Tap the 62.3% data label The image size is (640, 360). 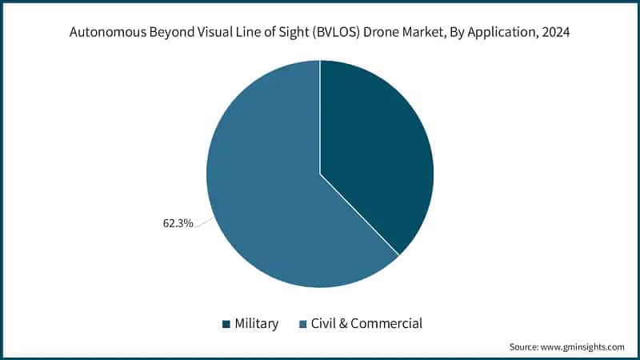178,223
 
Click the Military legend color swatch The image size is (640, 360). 226,324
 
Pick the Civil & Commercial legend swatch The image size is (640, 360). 302,324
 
